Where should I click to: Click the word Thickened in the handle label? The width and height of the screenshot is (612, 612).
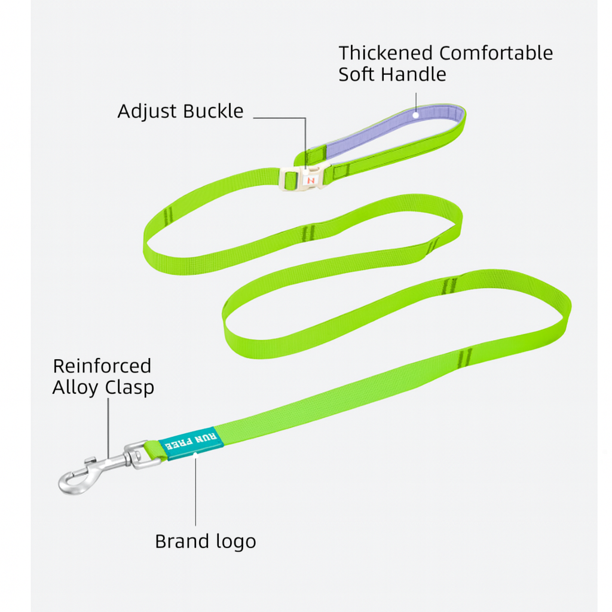tap(386, 53)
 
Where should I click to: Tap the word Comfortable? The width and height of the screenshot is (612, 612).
tap(496, 53)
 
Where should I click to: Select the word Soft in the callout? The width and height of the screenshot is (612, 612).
tap(357, 75)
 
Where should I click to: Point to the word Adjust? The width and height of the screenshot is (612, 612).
tap(147, 112)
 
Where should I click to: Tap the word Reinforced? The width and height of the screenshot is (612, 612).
tap(102, 366)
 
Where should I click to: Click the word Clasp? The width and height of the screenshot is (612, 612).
tap(129, 387)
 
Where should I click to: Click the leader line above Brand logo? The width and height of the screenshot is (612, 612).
tap(196, 490)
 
